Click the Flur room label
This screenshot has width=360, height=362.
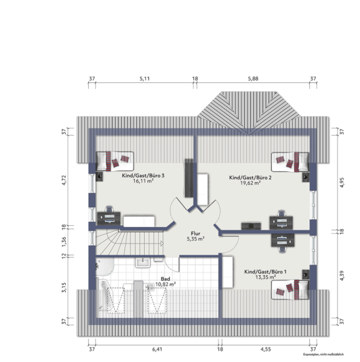point(195,234)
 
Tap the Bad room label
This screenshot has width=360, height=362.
point(165,279)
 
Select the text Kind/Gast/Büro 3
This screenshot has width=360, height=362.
point(143,176)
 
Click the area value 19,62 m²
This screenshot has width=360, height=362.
point(250,183)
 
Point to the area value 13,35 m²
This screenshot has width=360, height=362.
point(265,277)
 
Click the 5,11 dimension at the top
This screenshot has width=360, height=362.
point(145,79)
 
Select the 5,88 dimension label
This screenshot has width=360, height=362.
point(253,79)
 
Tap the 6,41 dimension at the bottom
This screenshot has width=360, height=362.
point(157,349)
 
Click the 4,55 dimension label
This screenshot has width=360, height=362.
point(266,349)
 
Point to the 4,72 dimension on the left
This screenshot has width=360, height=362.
point(64,180)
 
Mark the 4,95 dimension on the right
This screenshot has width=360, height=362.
point(342,182)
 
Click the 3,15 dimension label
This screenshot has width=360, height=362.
point(64,288)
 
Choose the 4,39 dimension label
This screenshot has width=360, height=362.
point(342,276)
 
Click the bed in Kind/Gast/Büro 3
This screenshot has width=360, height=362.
point(115,161)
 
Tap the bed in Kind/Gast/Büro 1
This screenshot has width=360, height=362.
point(290,290)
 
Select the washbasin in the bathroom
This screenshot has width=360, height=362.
point(143,263)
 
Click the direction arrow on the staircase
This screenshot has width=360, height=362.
point(162,244)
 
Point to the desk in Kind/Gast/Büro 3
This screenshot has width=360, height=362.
point(109,219)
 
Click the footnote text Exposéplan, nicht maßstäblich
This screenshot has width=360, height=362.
point(323,354)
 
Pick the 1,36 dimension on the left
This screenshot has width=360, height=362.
point(64,242)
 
